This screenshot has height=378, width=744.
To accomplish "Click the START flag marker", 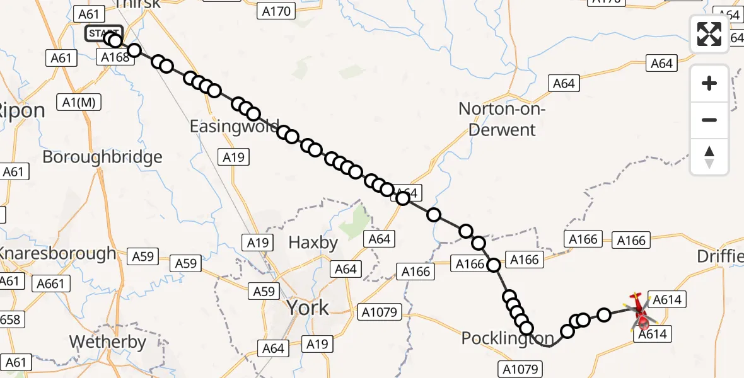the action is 104,33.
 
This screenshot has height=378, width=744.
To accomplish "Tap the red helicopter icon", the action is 641,311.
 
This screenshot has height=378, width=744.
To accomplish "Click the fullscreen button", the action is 709,34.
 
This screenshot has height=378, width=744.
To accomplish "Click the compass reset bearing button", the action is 709,157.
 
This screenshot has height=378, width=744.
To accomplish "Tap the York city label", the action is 308,307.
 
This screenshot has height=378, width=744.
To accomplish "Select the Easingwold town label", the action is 234,127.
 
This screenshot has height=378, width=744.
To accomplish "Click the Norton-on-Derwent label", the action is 497,120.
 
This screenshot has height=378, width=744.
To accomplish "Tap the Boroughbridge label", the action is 102,157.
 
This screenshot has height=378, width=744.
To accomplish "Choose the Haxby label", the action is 313,242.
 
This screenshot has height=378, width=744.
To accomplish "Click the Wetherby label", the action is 107,343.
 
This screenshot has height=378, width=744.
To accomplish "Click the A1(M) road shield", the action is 79,103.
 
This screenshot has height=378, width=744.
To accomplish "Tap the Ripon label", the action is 22,111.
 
